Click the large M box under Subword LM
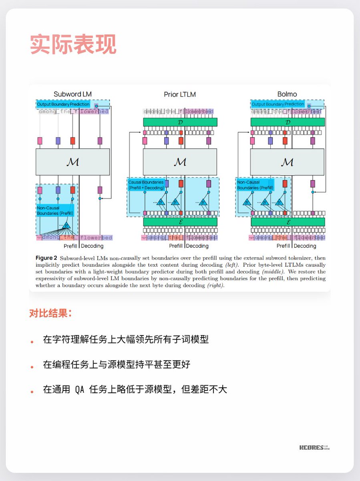(72, 162)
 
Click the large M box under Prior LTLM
(180, 162)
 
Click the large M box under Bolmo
(287, 162)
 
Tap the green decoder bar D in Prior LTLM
(180, 122)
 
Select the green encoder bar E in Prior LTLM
(180, 222)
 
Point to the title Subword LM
(72, 94)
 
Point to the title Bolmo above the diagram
(287, 94)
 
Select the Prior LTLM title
(180, 94)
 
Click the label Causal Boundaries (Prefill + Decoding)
(146, 185)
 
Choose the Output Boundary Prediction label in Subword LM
(64, 104)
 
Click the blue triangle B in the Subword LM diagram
(66, 226)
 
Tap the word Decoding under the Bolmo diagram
(305, 246)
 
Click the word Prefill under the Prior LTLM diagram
(176, 246)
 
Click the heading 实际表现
(73, 44)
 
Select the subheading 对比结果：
(50, 313)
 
